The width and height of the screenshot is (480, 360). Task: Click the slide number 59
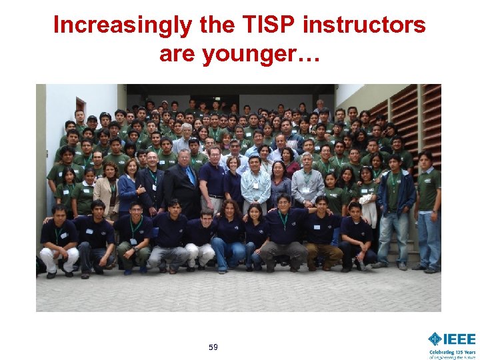(213, 347)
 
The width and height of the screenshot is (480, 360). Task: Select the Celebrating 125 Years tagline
(452, 351)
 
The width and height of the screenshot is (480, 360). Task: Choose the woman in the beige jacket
(106, 190)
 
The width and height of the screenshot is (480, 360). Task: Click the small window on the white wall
(80, 107)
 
